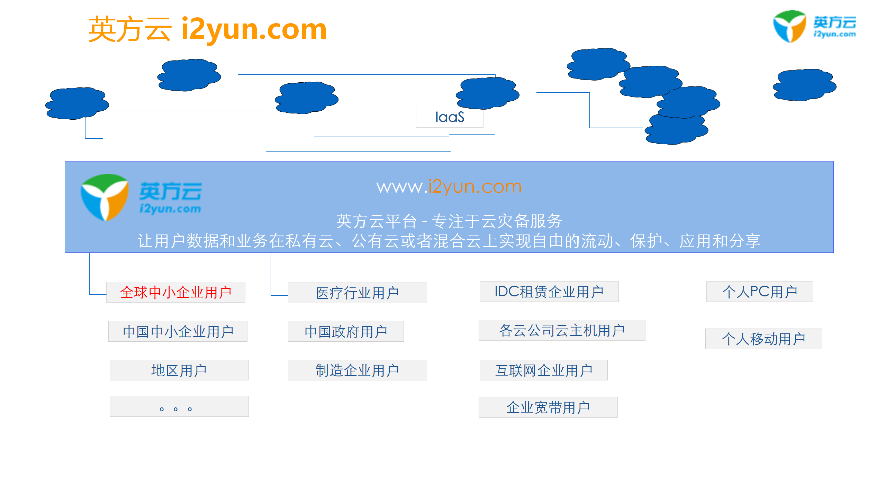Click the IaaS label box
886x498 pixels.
tap(449, 117)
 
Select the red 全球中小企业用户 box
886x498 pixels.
tap(176, 292)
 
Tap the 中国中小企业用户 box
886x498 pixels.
tap(178, 331)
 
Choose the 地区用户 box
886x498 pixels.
tap(179, 370)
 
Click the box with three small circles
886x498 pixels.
tap(179, 406)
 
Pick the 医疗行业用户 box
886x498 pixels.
tap(357, 293)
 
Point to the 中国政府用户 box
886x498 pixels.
tap(346, 331)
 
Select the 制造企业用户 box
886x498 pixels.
tap(357, 370)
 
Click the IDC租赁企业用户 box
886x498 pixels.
tap(549, 292)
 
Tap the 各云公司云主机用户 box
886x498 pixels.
tap(562, 330)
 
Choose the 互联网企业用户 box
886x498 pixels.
tap(543, 370)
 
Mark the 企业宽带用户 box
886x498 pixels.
tap(548, 407)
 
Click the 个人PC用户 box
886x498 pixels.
tap(760, 292)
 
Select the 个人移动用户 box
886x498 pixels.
tap(763, 339)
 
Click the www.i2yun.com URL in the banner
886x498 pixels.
tap(449, 187)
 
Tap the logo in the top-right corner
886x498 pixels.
tap(814, 27)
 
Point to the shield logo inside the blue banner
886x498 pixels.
tap(105, 197)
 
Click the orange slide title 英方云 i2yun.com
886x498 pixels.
tap(207, 29)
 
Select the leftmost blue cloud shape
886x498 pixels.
tap(77, 103)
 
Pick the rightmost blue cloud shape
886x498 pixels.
tap(804, 85)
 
